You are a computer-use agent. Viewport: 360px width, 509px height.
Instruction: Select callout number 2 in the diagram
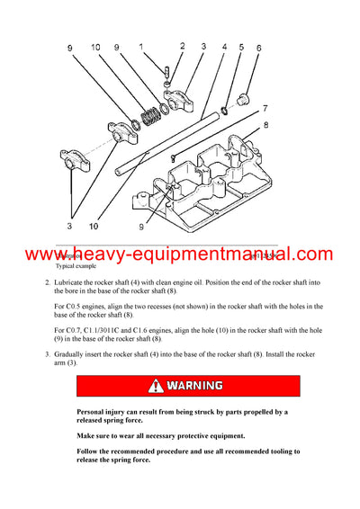(x=182, y=45)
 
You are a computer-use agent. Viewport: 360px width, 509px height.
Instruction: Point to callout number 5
(x=240, y=47)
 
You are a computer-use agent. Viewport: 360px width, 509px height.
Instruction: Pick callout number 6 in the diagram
(x=259, y=48)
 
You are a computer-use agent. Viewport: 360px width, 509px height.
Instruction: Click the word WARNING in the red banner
(x=193, y=387)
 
